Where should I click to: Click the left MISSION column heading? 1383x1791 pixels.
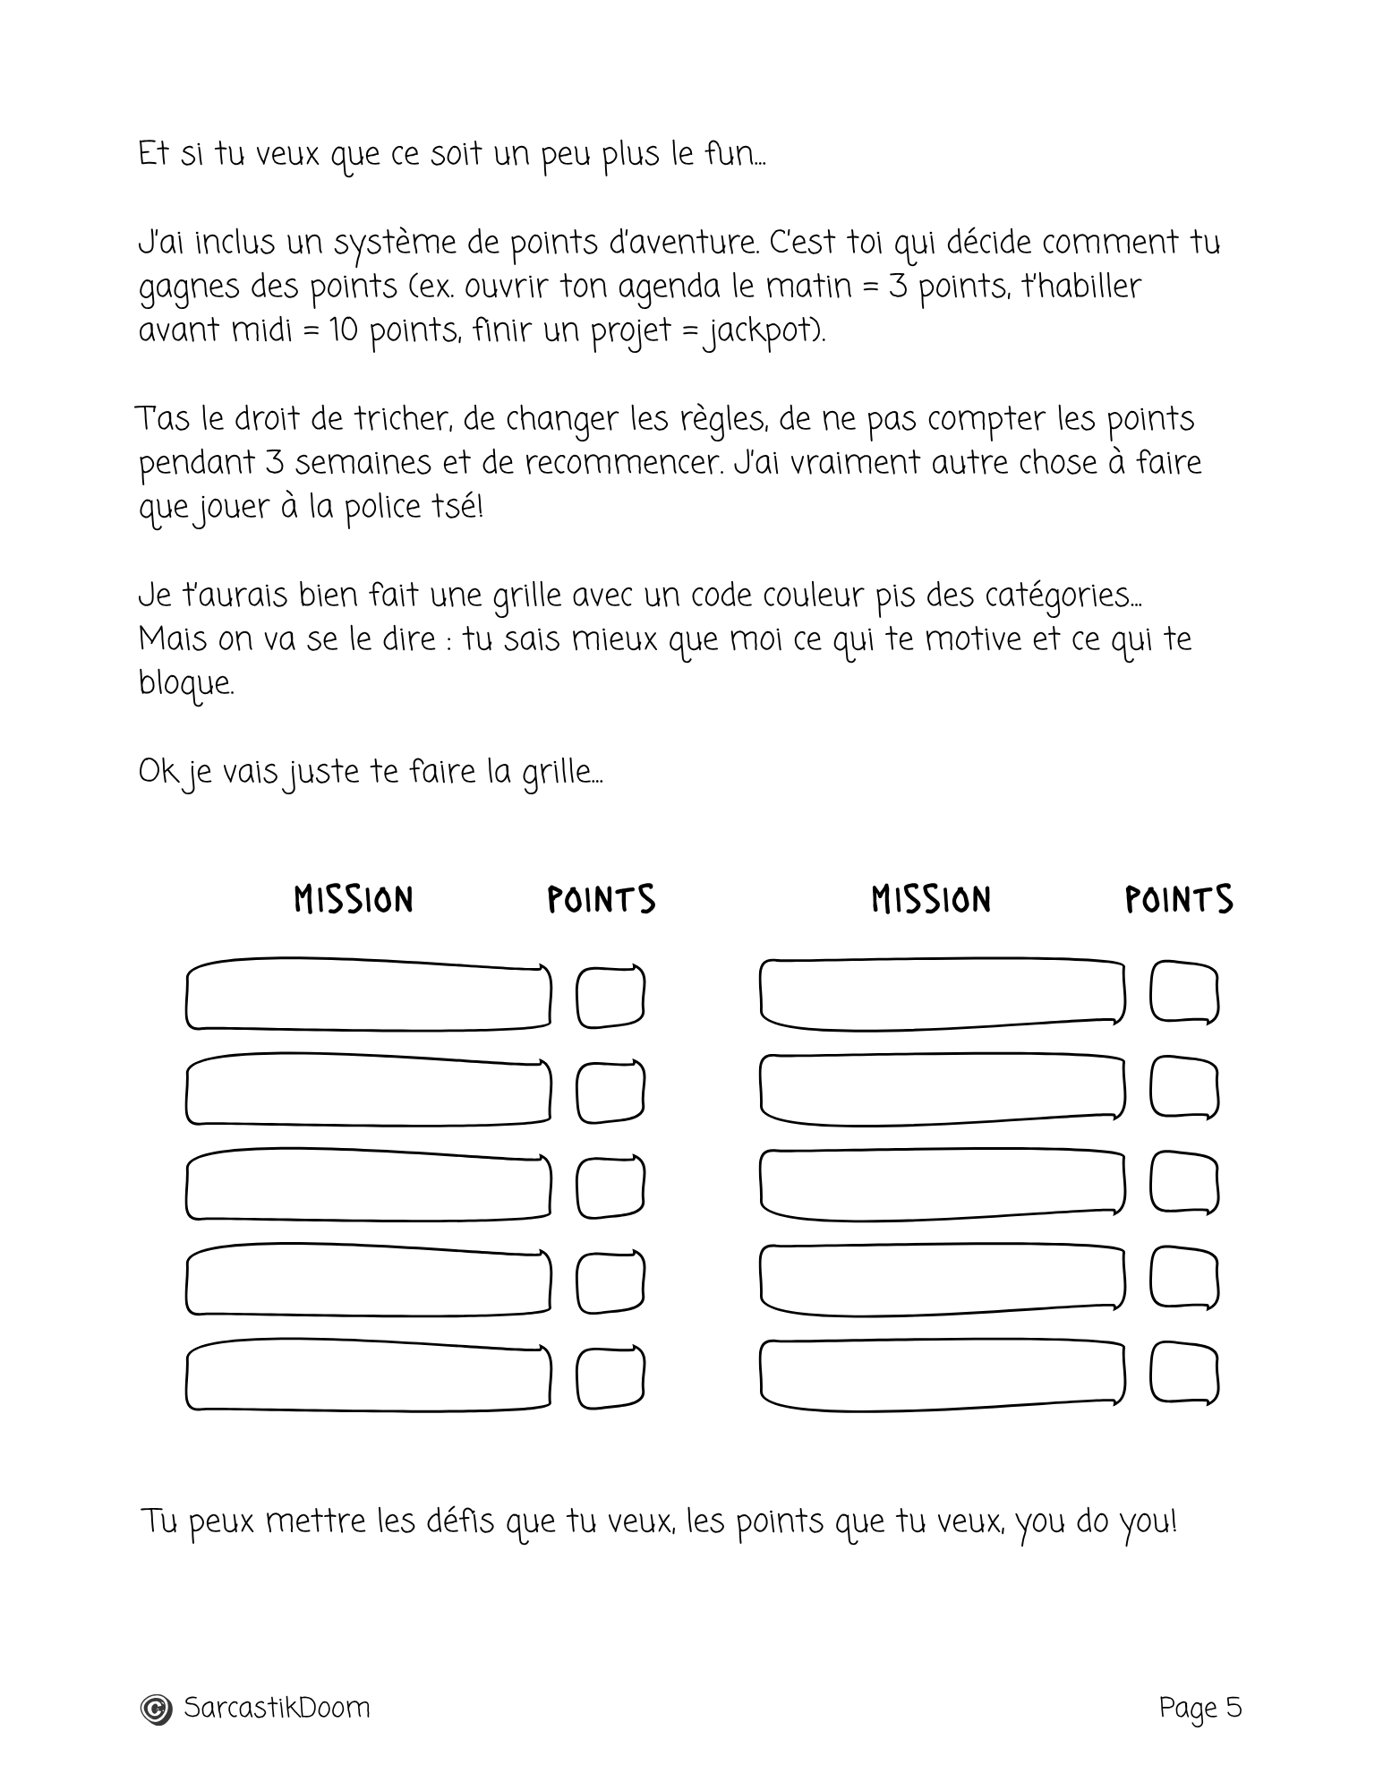pyautogui.click(x=354, y=900)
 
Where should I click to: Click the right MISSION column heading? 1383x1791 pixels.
pyautogui.click(x=931, y=900)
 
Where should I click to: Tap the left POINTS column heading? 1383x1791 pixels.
pyautogui.click(x=602, y=900)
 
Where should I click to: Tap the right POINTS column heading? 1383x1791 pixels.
pyautogui.click(x=1179, y=900)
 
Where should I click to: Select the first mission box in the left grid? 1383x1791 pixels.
pyautogui.click(x=368, y=996)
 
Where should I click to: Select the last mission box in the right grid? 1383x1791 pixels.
pyautogui.click(x=942, y=1375)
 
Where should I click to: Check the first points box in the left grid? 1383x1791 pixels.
pyautogui.click(x=610, y=997)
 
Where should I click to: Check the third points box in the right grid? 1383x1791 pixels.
pyautogui.click(x=1184, y=1185)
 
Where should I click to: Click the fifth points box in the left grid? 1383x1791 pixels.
pyautogui.click(x=610, y=1377)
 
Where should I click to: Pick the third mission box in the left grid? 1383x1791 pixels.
pyautogui.click(x=368, y=1187)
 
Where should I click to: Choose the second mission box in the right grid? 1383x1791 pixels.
pyautogui.click(x=942, y=1089)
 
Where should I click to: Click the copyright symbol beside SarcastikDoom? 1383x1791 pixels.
pyautogui.click(x=156, y=1710)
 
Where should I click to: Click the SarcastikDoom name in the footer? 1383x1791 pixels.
pyautogui.click(x=277, y=1708)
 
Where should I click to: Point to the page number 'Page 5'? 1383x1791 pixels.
pyautogui.click(x=1200, y=1708)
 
